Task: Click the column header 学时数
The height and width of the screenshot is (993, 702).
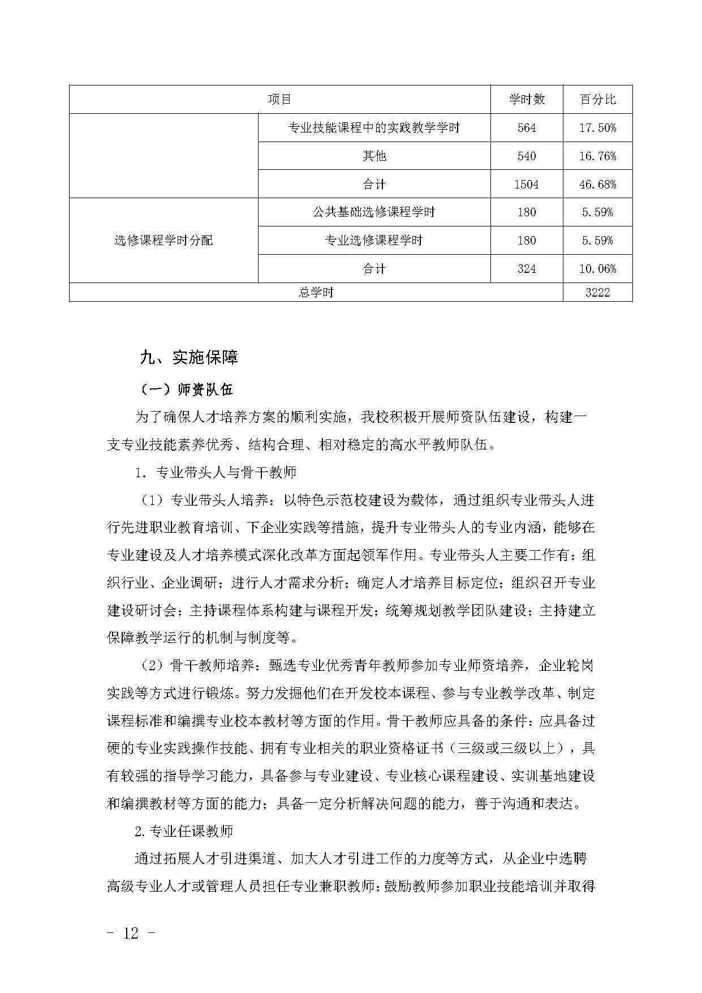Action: tap(526, 100)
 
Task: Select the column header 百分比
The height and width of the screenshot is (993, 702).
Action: tap(597, 100)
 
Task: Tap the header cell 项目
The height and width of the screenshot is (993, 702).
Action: tap(279, 100)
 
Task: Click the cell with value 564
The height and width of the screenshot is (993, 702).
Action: tap(526, 128)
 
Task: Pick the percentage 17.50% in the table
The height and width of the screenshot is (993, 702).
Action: tap(597, 128)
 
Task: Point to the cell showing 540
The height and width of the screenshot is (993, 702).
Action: tap(526, 156)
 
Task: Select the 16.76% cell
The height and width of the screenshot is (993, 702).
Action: tap(597, 156)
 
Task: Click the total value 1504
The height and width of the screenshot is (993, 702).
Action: tap(526, 185)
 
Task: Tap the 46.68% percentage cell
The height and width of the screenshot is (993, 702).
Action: tap(597, 185)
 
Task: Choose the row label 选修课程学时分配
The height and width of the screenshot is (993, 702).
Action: tap(163, 241)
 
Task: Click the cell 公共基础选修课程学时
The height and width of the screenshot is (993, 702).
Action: tap(374, 212)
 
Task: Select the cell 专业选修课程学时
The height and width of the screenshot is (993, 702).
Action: tap(374, 241)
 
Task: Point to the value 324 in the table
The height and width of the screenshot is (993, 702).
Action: tap(526, 269)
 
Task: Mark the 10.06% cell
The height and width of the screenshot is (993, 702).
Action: tap(597, 269)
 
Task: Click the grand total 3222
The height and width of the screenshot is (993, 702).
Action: tap(597, 292)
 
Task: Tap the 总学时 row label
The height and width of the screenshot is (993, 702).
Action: tap(316, 292)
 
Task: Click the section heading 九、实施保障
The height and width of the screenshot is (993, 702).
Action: tap(189, 357)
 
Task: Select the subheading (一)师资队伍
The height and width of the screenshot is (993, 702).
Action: tap(186, 390)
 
